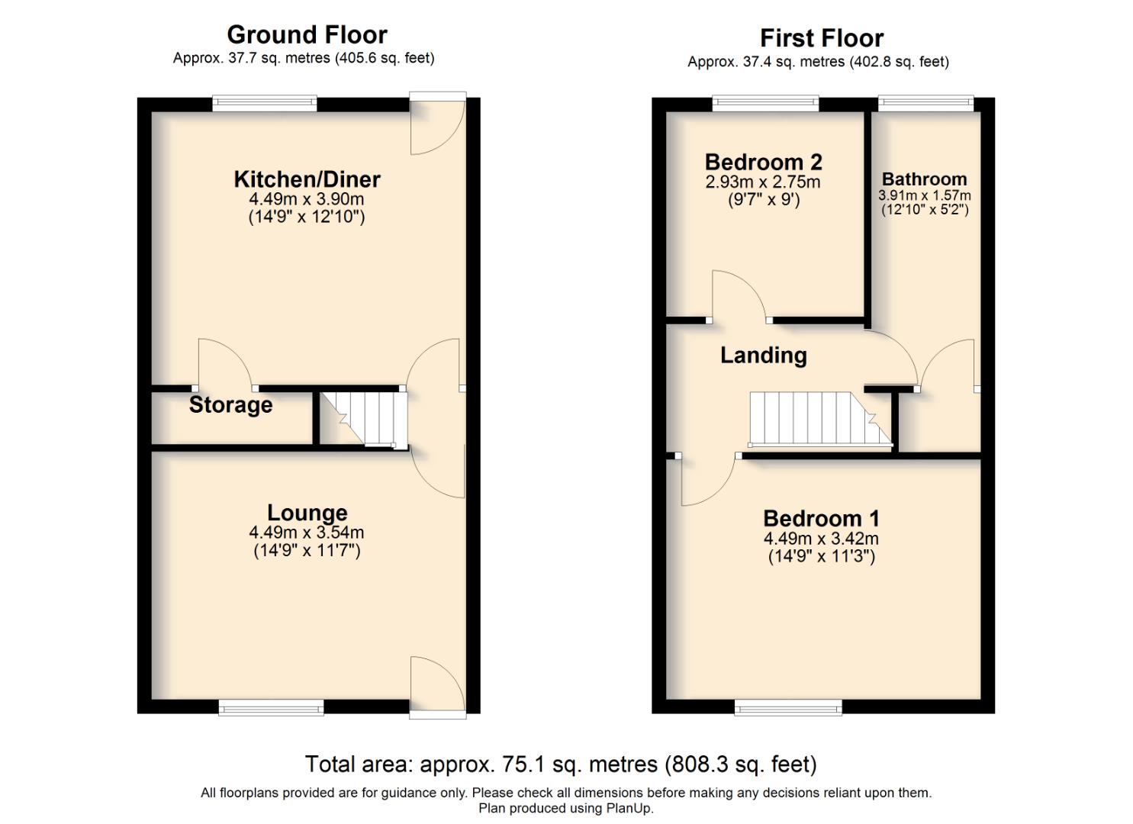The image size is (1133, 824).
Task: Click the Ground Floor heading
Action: click(307, 35)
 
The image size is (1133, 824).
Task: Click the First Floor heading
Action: click(821, 38)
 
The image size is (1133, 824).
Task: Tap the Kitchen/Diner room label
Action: click(307, 179)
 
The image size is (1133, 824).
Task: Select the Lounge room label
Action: click(307, 513)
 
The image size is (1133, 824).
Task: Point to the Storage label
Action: click(230, 405)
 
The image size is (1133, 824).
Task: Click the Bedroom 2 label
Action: click(763, 162)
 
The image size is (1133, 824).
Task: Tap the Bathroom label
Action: click(924, 179)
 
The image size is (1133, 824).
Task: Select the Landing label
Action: click(763, 356)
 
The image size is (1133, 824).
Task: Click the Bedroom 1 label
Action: click(821, 519)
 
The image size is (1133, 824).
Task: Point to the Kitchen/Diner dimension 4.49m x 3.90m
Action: click(307, 199)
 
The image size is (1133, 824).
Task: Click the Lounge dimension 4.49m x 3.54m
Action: click(307, 533)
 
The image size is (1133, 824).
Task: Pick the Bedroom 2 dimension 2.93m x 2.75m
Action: click(763, 182)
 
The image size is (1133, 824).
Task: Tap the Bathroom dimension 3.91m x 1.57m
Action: click(924, 195)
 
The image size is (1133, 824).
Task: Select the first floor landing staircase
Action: click(816, 418)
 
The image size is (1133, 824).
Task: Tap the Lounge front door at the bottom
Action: click(436, 686)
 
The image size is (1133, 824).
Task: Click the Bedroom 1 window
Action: click(787, 707)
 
